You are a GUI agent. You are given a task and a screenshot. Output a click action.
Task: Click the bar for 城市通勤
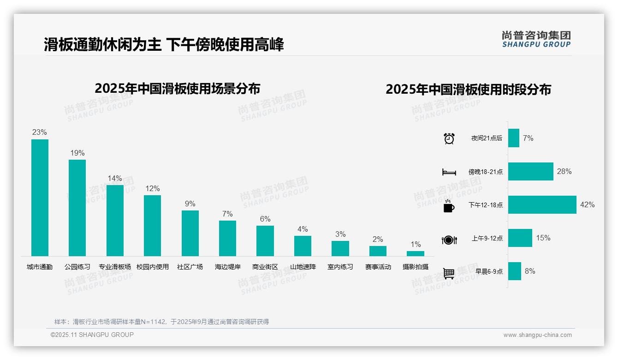tap(40, 198)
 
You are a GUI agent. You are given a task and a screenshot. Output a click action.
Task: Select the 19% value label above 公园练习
tap(77, 153)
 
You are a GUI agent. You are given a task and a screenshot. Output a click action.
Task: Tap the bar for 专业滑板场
tap(115, 220)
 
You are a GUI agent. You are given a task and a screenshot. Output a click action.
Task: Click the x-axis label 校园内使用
tap(153, 267)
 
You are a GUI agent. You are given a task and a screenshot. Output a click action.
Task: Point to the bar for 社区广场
tap(190, 233)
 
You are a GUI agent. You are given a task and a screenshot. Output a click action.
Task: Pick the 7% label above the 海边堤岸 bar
tap(227, 214)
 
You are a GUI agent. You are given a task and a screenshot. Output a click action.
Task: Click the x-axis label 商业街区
tap(265, 267)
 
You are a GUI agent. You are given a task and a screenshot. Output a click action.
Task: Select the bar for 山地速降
tap(303, 246)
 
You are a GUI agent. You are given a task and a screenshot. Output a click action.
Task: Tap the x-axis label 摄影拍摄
tap(416, 267)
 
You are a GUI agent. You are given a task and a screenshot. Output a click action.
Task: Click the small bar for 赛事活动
tap(378, 251)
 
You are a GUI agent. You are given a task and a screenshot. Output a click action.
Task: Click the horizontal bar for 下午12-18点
tap(542, 204)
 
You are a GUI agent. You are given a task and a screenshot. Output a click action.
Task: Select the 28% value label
tap(564, 171)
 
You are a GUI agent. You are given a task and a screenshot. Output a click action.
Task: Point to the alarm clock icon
tap(449, 138)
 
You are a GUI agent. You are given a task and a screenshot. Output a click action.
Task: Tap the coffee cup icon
tap(449, 206)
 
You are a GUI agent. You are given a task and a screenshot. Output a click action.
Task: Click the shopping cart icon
tap(449, 273)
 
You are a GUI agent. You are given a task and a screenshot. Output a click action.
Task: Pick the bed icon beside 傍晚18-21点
tap(449, 172)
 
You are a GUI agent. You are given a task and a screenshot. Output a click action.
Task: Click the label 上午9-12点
tap(487, 238)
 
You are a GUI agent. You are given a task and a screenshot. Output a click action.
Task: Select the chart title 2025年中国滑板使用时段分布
tap(468, 89)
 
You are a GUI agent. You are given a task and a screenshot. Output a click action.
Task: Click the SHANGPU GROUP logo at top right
tap(536, 39)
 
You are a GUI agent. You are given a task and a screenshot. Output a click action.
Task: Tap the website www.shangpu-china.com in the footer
tap(537, 335)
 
